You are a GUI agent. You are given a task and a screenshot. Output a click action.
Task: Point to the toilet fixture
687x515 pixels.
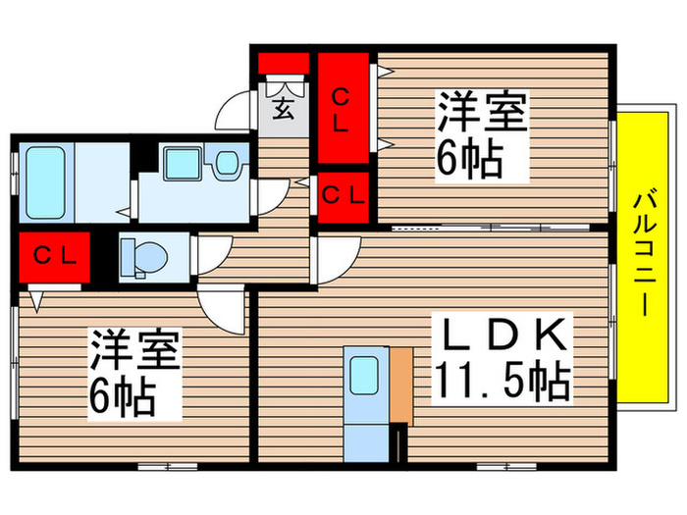click(144, 256)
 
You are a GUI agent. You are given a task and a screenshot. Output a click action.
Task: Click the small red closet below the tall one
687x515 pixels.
click(342, 194)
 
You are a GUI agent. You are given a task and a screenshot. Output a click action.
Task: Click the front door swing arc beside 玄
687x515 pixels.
click(234, 110)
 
